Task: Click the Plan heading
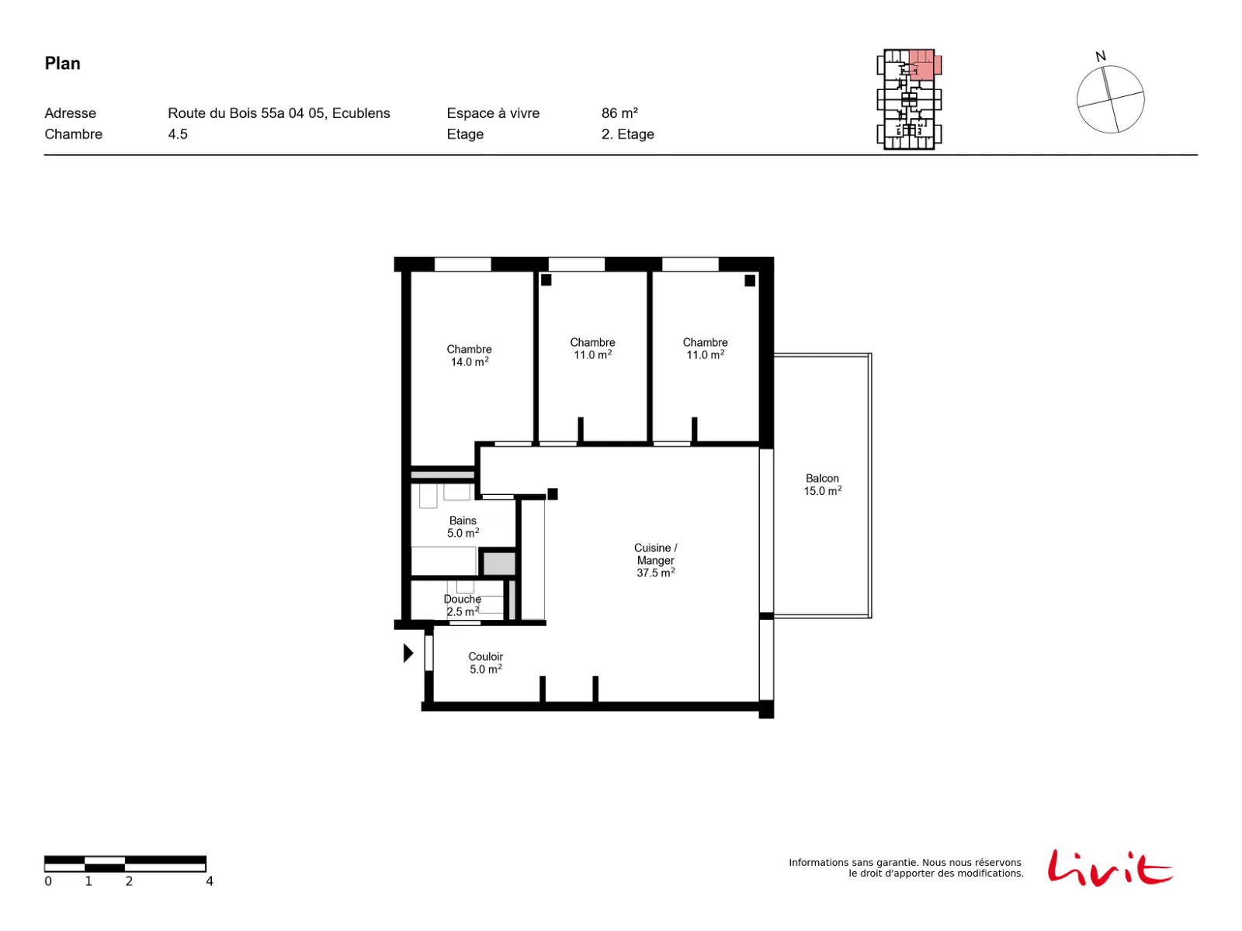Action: point(62,64)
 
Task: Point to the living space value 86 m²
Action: point(619,113)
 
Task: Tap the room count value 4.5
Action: point(178,134)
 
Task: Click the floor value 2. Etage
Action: point(627,134)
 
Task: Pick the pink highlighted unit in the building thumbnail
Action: point(924,64)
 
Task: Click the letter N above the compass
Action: point(1101,57)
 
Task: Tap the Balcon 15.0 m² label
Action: point(822,484)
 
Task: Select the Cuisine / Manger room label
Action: point(655,559)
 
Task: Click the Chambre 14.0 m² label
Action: point(469,355)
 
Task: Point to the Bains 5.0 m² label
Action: point(463,526)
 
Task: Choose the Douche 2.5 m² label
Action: point(463,605)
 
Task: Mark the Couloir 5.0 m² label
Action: point(485,663)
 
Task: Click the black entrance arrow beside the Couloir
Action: point(408,653)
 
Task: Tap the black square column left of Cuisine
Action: point(552,494)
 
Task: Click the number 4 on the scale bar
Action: point(210,881)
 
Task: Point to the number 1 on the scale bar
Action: point(88,881)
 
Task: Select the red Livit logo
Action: point(1109,867)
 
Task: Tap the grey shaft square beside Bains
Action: point(498,563)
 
